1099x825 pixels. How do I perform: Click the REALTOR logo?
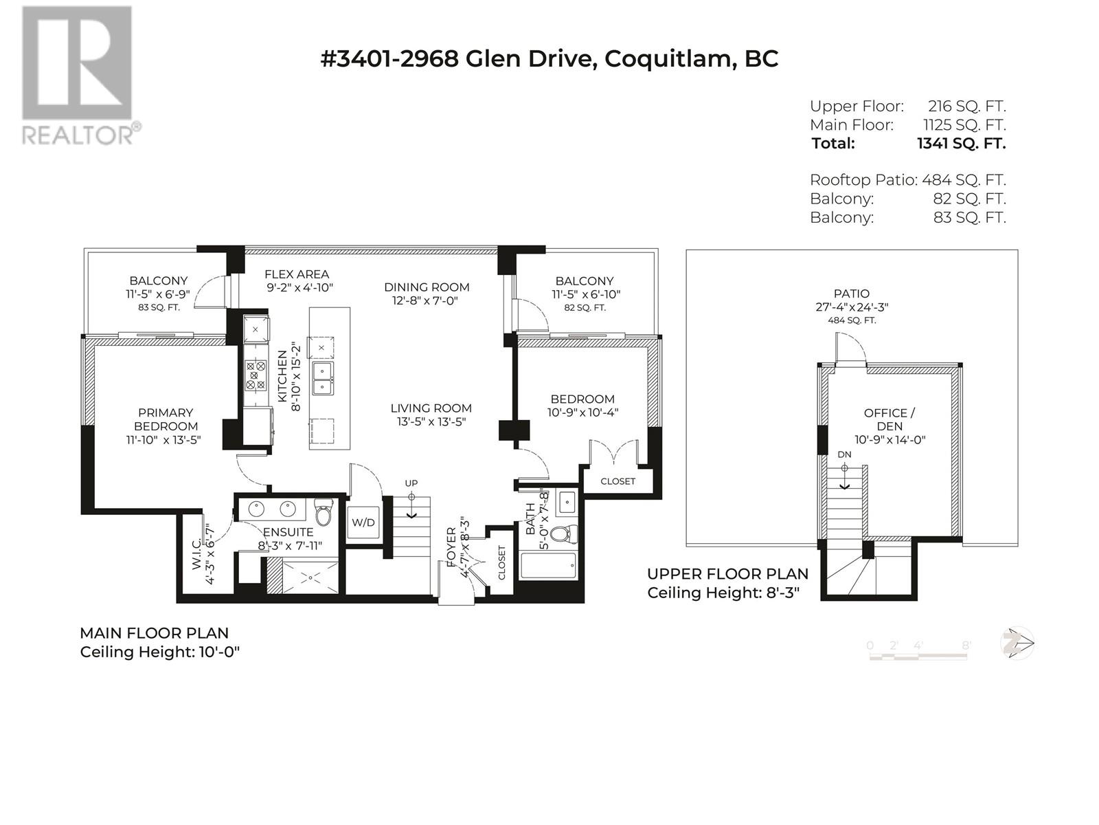(x=80, y=76)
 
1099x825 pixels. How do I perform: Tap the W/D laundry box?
(x=363, y=522)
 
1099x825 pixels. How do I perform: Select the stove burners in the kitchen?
(x=256, y=375)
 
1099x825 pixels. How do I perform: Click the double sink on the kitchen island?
(x=322, y=379)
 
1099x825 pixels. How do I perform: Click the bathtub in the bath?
(x=548, y=566)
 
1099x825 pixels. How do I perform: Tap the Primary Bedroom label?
(x=166, y=419)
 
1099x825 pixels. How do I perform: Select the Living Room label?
(x=431, y=408)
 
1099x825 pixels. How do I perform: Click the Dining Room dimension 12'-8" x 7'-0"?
(x=426, y=301)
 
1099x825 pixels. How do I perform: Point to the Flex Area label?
(x=297, y=274)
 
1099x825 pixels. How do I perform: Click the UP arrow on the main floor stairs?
(x=411, y=506)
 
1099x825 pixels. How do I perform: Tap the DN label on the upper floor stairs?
(x=844, y=454)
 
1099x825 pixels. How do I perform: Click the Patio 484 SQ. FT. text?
(x=852, y=320)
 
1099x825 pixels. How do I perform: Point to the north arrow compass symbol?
(x=1017, y=643)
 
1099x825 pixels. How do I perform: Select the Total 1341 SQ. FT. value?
(x=962, y=144)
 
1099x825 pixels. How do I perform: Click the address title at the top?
(x=549, y=58)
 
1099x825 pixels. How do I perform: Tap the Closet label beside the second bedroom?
(x=618, y=481)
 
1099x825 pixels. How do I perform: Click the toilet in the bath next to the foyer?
(x=562, y=534)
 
